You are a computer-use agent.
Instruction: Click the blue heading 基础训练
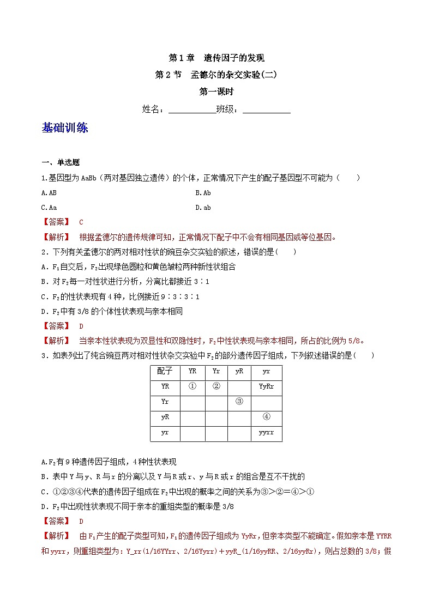[64, 129]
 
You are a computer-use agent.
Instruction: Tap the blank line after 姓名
[192, 109]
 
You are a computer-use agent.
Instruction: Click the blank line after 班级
[266, 109]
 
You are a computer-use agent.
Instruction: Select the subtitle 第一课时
[216, 92]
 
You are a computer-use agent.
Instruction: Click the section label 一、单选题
[61, 162]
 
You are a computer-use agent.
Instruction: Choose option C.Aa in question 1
[49, 207]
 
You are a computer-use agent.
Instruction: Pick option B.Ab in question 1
[203, 192]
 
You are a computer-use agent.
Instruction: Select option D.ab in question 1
[203, 207]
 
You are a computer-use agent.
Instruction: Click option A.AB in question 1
[49, 192]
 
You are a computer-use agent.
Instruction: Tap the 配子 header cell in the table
[165, 371]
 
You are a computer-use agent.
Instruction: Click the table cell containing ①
[192, 386]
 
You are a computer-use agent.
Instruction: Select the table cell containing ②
[216, 386]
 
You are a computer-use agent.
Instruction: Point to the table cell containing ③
[239, 402]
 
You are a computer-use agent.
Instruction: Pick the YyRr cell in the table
[266, 386]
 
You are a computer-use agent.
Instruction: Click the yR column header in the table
[239, 371]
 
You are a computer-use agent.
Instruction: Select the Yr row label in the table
[165, 402]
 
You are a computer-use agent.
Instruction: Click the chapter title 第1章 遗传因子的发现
[216, 58]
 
